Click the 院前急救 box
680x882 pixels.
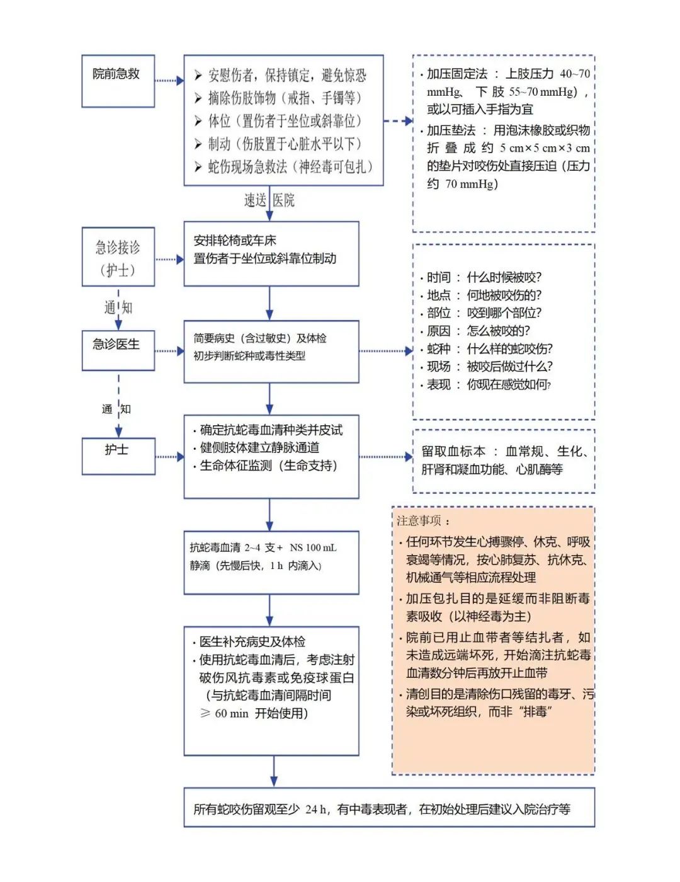pyautogui.click(x=118, y=81)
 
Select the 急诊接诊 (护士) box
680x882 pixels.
pyautogui.click(x=118, y=258)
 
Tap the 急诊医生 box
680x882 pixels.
pyautogui.click(x=118, y=350)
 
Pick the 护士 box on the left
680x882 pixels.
pyautogui.click(x=118, y=455)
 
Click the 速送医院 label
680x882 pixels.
pyautogui.click(x=269, y=200)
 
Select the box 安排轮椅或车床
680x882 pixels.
pyautogui.click(x=271, y=253)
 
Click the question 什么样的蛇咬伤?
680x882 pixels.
pyautogui.click(x=509, y=349)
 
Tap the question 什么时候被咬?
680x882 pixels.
pyautogui.click(x=504, y=278)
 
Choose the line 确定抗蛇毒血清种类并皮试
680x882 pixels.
pyautogui.click(x=271, y=430)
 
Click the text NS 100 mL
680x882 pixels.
pyautogui.click(x=313, y=547)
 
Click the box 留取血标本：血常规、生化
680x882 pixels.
pyautogui.click(x=504, y=461)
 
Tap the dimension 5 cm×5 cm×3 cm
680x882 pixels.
pyautogui.click(x=545, y=148)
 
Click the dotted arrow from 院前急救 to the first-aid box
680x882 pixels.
pyautogui.click(x=169, y=81)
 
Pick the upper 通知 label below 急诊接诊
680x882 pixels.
pyautogui.click(x=118, y=307)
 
